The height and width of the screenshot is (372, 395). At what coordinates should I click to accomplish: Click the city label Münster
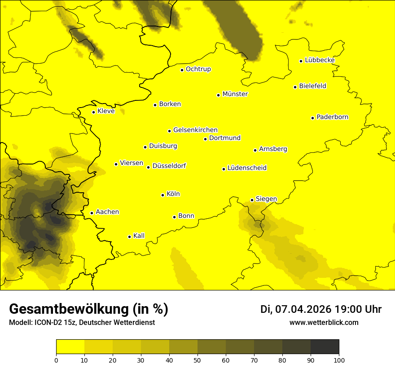coord(235,94)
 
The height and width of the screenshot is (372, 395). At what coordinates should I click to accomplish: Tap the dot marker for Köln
coord(163,195)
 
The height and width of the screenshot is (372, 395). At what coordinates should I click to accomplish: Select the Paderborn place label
coord(332,117)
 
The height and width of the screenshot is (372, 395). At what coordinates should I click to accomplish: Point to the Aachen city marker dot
coord(92,213)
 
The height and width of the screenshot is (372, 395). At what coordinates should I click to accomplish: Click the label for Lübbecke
coord(320,60)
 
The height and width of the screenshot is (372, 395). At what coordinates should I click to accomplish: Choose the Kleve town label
coord(106,111)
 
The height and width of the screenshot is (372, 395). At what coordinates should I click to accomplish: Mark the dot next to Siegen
coord(252,200)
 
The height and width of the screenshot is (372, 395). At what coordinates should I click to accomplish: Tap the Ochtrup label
coord(198,69)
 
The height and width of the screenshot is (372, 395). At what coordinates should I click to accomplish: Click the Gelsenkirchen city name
coord(195,130)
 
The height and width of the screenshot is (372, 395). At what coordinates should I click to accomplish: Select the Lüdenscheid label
coord(247,168)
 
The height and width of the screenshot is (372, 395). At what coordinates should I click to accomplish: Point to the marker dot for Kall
coord(130,237)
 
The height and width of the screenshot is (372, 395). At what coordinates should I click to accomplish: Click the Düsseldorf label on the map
coord(169,166)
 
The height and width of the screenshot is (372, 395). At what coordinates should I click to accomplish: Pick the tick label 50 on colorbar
coord(197,360)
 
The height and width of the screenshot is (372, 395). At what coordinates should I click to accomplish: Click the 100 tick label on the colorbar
coord(339,360)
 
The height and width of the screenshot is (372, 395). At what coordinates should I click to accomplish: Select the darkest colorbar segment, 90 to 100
coord(325,346)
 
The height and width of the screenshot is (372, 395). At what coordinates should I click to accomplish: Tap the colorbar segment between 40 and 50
coord(183,346)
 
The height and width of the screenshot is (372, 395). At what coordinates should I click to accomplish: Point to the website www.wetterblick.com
coord(324,322)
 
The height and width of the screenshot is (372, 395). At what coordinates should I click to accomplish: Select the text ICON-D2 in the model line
coord(50,323)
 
